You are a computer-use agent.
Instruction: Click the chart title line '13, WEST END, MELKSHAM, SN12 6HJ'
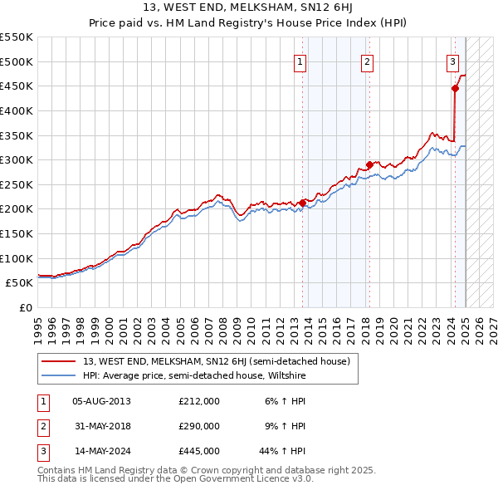tap(249, 8)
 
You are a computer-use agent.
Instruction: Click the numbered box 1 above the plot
tap(299, 61)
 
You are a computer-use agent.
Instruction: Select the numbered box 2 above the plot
tap(367, 61)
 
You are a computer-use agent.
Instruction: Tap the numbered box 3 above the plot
tap(452, 61)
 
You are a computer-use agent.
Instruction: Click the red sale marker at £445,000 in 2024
tap(455, 88)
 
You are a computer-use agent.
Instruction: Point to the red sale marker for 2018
tap(369, 164)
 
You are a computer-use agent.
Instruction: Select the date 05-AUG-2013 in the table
tap(101, 401)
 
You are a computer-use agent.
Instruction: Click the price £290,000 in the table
tap(199, 426)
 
